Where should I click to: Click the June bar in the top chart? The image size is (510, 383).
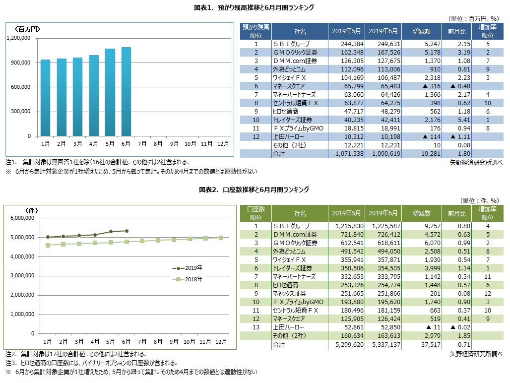(x=126, y=92)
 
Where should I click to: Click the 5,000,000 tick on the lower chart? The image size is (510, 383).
(x=20, y=238)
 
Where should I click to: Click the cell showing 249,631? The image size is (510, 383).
(x=382, y=44)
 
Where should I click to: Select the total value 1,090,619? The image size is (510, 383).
(x=382, y=154)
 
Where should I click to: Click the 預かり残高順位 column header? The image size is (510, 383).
(x=255, y=31)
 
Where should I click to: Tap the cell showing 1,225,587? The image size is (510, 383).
(x=382, y=226)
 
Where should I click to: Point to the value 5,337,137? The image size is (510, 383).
(x=382, y=344)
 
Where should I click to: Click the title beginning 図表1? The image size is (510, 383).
(x=254, y=8)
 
